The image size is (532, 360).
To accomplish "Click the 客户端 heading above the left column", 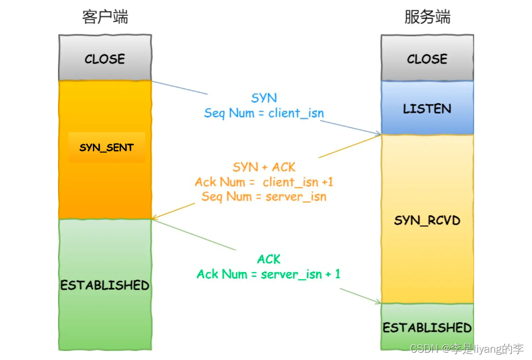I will [x=105, y=17].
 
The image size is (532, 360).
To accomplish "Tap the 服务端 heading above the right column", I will [x=427, y=17].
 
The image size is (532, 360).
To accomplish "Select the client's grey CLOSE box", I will [x=105, y=59].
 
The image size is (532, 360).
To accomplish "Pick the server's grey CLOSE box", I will [x=427, y=59].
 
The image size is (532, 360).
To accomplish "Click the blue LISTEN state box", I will [x=427, y=108].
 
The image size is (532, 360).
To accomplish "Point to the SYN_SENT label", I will [x=106, y=148].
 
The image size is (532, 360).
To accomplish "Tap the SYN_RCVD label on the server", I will [x=427, y=220].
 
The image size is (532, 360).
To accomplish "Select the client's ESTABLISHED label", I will [x=105, y=285].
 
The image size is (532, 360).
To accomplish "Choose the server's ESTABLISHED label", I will [x=427, y=327].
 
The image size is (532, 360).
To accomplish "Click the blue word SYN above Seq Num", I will [x=264, y=98].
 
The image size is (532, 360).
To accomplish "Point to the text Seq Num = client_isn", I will [x=264, y=113].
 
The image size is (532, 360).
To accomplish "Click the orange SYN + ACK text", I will [x=264, y=167].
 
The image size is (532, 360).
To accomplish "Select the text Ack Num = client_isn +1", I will [x=264, y=182].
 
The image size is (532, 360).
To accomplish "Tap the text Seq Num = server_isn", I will [x=264, y=197].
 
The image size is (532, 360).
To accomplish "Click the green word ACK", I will [x=269, y=259].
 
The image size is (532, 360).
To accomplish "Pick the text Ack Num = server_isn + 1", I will [x=269, y=274].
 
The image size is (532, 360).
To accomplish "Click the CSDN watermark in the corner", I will [x=467, y=349].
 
